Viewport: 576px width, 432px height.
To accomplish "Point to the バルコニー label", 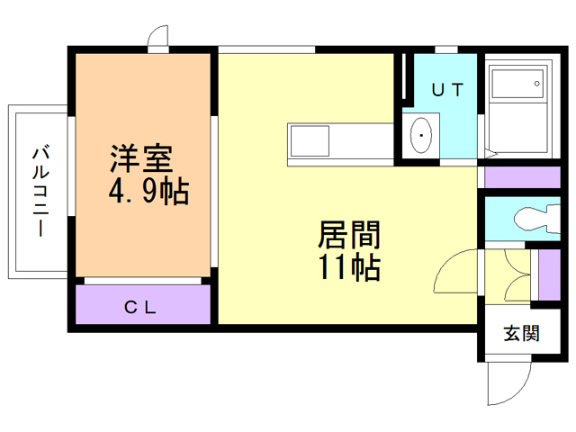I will pos(40,191).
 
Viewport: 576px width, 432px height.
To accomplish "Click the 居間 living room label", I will pos(348,236).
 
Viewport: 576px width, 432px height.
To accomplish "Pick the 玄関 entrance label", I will pos(520,334).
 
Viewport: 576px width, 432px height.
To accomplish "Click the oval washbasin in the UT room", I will pos(420,137).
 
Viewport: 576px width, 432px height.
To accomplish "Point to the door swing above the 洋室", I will pos(158,38).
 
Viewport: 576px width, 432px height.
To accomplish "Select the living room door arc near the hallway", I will pos(458,271).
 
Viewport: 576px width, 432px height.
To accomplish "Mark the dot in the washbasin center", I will pos(420,137).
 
